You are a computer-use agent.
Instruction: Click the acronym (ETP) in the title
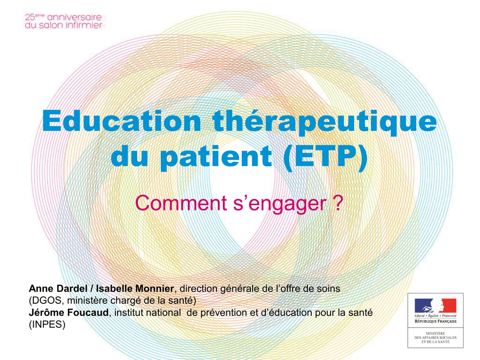coord(325,157)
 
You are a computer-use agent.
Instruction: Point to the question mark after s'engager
coord(337,202)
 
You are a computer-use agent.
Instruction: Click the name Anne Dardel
coord(58,288)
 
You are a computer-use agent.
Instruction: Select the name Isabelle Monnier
coord(135,288)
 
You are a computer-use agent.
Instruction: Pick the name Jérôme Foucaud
coord(68,313)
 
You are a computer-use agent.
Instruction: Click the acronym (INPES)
coord(47,324)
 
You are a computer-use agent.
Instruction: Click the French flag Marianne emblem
coord(435,306)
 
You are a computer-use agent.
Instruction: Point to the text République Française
coord(435,321)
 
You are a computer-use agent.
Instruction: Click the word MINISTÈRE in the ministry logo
coord(435,333)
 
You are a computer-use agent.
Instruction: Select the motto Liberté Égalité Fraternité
coord(435,315)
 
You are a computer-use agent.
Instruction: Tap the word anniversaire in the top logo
coord(75,17)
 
